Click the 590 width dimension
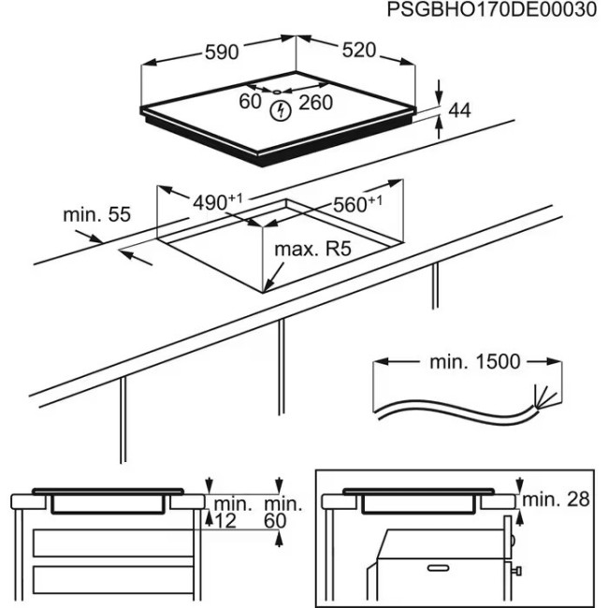223,52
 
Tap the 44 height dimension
458,111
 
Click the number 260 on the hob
315,103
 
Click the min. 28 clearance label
556,499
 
